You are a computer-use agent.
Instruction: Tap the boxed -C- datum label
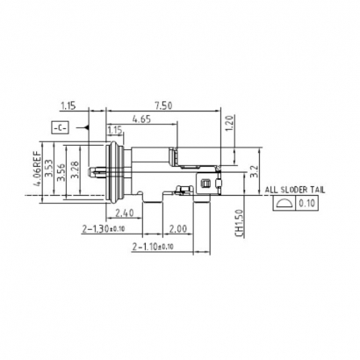[59, 128]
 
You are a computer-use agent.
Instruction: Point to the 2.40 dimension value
[124, 212]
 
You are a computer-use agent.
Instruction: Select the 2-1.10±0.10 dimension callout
[155, 248]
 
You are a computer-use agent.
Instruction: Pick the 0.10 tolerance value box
[308, 204]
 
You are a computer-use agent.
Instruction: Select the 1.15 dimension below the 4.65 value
[113, 130]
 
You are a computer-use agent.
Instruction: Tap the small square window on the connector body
[206, 184]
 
